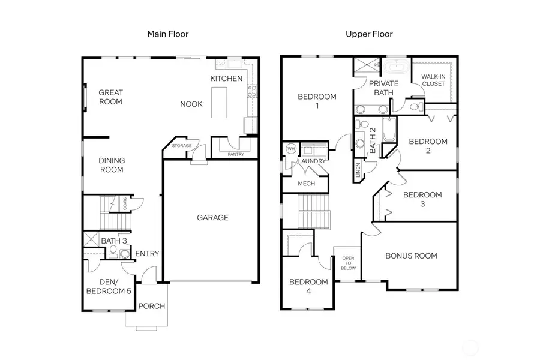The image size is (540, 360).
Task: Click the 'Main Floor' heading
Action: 168,34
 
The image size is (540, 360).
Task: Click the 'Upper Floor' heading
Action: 369,34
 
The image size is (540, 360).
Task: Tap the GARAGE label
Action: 212,218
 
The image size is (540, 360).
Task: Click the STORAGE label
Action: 182,146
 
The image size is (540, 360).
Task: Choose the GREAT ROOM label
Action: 110,97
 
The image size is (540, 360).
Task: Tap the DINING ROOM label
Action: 112,165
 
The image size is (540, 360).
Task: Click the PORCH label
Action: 152,307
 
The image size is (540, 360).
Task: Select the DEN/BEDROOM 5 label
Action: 109,287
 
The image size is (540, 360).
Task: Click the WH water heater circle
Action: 291,149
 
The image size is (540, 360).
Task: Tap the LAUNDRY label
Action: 312,161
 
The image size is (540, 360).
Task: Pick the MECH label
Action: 306,185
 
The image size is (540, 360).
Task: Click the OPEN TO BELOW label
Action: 347,263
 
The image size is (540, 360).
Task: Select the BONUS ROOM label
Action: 411,256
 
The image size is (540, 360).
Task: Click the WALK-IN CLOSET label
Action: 433,80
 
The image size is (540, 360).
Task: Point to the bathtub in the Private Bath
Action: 395,65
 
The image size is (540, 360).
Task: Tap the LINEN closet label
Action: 359,172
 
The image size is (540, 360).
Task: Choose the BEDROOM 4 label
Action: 308,286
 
